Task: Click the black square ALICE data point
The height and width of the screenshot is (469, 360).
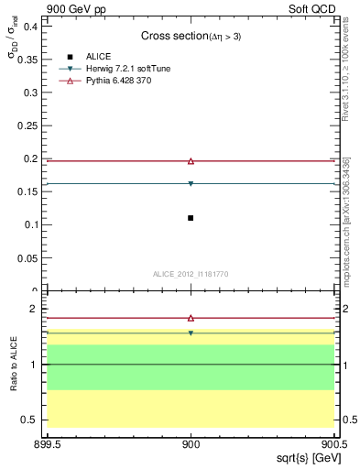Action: [191, 218]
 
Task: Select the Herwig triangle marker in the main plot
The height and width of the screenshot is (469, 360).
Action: [191, 184]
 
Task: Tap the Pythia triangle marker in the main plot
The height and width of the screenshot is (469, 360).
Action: [191, 161]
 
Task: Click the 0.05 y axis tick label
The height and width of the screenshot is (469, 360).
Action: [28, 257]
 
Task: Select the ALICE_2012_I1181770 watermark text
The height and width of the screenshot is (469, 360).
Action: [191, 273]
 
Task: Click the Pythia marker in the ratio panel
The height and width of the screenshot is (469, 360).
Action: [191, 318]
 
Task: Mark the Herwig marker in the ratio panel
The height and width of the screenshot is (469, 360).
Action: [191, 333]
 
